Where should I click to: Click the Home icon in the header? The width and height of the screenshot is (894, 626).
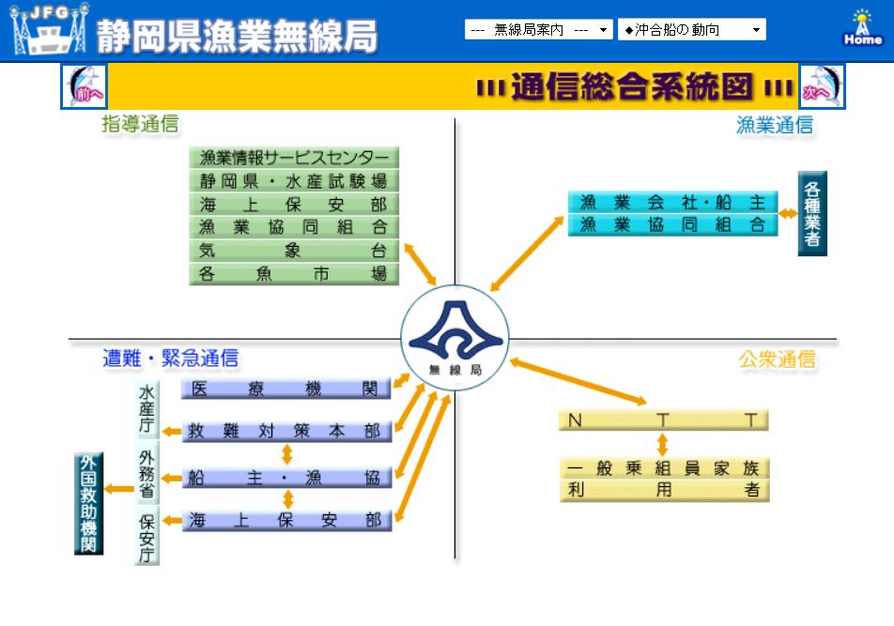863,29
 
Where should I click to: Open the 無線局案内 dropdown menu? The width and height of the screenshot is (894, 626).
539,30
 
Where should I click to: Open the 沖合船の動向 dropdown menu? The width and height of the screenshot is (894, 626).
691,30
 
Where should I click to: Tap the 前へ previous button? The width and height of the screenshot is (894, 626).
85,86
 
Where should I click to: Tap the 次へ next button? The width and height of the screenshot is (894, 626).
821,86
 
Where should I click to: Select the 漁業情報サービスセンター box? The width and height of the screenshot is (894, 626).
294,158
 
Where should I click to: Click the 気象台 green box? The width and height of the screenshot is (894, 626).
294,251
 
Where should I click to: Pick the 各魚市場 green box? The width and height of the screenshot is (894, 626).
294,274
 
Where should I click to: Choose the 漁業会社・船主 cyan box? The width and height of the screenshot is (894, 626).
672,202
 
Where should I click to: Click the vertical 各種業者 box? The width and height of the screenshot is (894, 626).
812,213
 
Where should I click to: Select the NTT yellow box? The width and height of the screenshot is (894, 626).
663,420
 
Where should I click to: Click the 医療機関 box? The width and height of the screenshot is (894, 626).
286,389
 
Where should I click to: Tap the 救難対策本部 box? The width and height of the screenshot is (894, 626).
286,432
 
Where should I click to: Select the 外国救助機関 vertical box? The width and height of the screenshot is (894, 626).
88,503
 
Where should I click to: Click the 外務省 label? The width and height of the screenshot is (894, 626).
146,475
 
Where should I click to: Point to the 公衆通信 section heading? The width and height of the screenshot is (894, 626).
777,359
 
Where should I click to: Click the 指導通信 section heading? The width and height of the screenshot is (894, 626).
140,124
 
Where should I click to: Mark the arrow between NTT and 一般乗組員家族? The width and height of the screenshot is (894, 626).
662,444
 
